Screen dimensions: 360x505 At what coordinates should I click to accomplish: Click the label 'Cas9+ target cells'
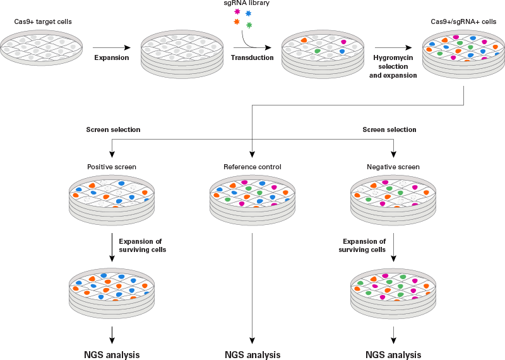point(43,22)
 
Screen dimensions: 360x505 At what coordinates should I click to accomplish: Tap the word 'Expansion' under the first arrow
point(112,57)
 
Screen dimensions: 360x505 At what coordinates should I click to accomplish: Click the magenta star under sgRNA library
point(237,12)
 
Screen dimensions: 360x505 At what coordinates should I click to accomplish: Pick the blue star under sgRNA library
point(248,13)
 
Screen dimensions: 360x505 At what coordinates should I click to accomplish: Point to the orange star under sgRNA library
point(237,22)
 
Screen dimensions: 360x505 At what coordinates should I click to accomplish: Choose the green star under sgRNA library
point(249,25)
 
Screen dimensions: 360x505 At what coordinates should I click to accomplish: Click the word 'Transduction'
point(254,57)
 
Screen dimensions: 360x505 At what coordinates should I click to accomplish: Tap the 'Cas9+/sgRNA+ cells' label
point(464,22)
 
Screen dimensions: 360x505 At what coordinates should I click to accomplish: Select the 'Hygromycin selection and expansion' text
point(393,66)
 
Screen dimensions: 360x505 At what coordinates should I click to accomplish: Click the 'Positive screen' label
point(112,167)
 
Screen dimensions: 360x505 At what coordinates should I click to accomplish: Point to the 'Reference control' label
point(252,167)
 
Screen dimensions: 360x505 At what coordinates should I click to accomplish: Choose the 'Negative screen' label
point(393,167)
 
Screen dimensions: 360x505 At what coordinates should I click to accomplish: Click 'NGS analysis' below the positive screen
point(112,354)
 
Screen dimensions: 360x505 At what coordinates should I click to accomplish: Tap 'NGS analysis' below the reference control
point(252,354)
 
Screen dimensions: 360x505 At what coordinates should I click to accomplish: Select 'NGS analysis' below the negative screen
point(393,354)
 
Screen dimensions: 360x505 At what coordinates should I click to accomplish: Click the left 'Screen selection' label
point(113,129)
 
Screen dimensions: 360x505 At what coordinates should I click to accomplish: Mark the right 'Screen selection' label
point(389,129)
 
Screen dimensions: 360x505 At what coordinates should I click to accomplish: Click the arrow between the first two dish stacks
point(112,47)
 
